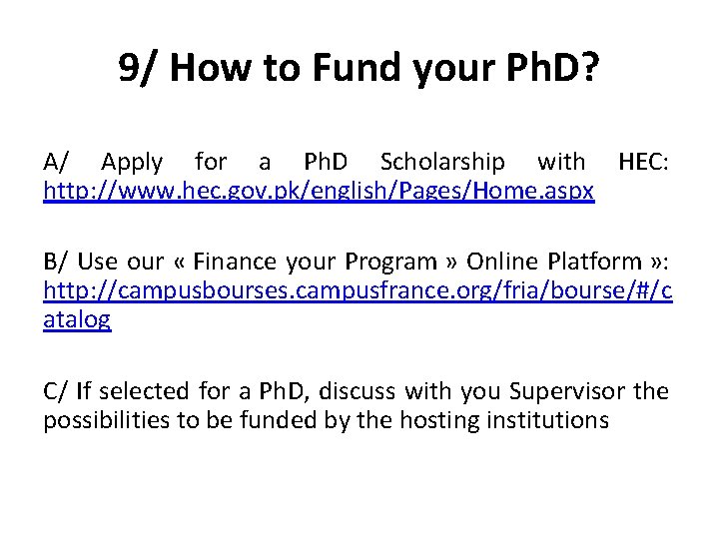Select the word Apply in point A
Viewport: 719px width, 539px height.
(x=132, y=162)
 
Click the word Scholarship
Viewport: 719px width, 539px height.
(x=442, y=162)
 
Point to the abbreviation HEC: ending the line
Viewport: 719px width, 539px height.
(x=645, y=162)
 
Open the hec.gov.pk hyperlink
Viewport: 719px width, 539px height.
(x=319, y=190)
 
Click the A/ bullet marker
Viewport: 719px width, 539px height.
(x=57, y=162)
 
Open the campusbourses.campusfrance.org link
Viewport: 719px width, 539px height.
(x=358, y=290)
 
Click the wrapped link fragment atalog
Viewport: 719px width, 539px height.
(x=77, y=319)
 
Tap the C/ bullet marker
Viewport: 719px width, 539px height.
(x=56, y=391)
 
